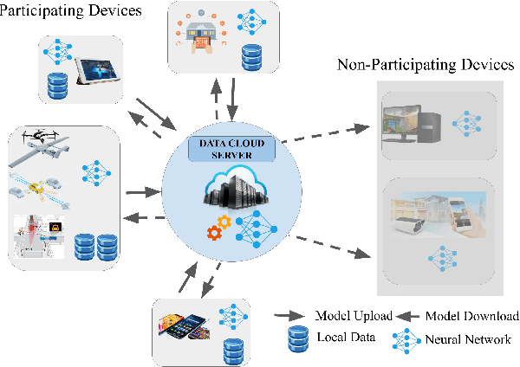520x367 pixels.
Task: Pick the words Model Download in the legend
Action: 473,316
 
